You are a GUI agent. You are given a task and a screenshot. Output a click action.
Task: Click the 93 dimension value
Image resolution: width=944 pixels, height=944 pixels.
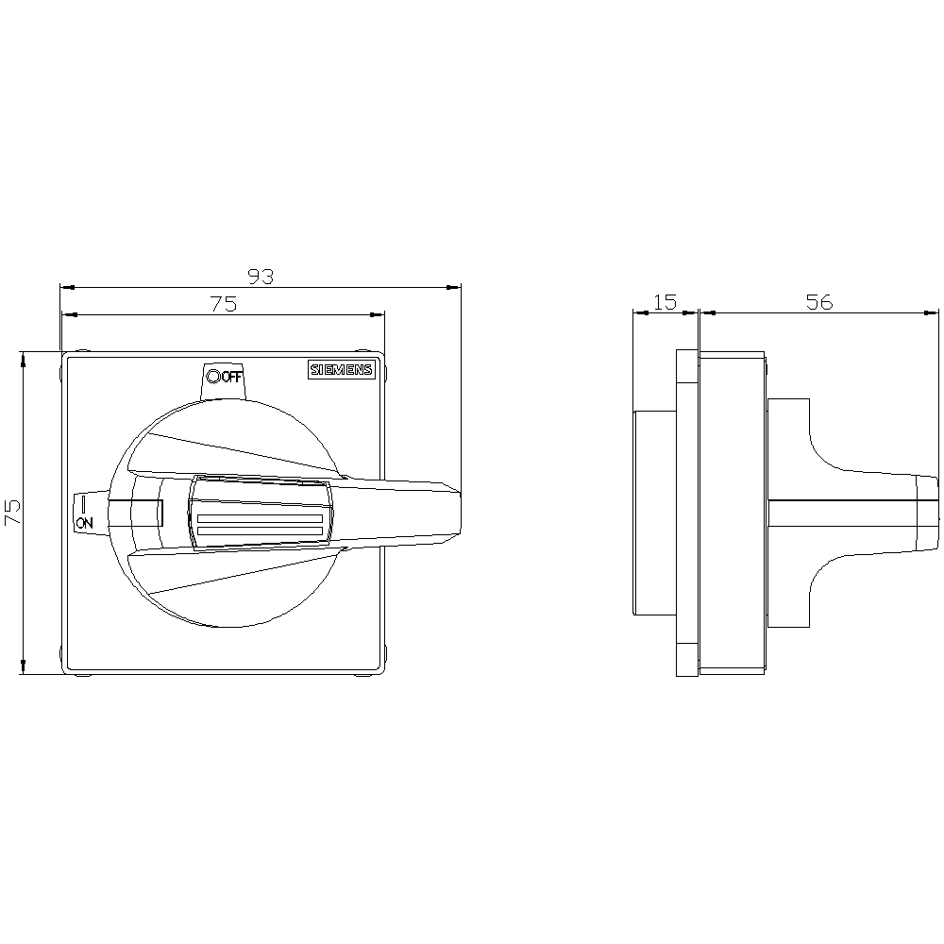coord(261,277)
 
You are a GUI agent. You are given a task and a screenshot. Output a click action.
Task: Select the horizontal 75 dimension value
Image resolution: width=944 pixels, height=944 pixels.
coord(224,304)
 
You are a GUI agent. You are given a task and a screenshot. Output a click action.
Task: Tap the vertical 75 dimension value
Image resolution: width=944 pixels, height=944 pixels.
coord(12,512)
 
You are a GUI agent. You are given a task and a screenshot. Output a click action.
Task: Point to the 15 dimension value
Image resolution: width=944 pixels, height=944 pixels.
coord(665,302)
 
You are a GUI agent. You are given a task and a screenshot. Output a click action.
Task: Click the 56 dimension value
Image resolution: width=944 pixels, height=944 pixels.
coord(819,302)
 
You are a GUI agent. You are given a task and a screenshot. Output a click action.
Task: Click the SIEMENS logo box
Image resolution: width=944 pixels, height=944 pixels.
coord(342,370)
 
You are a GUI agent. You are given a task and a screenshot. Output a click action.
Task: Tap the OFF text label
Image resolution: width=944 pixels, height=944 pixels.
coord(232,378)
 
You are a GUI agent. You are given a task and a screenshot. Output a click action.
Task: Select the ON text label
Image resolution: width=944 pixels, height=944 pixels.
coord(84,523)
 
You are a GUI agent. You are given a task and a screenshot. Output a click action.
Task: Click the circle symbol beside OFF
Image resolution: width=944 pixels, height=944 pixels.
coord(213,377)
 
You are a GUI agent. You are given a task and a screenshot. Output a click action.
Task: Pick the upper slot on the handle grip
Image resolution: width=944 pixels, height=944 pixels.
coord(261,518)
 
